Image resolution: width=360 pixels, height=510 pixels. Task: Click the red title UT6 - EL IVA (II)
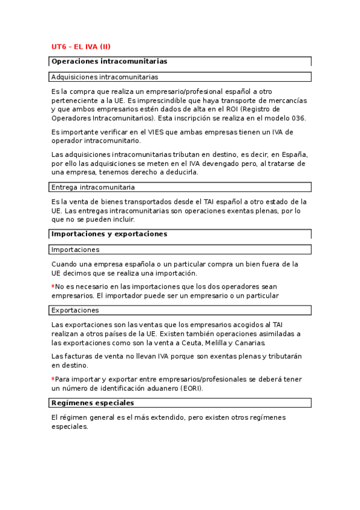[81, 47]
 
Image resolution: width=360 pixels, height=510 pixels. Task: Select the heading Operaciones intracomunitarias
[109, 61]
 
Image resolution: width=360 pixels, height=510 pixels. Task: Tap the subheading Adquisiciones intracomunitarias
[105, 77]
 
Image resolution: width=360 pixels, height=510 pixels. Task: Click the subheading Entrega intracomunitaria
[93, 187]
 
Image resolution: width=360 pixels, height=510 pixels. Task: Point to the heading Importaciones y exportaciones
[109, 234]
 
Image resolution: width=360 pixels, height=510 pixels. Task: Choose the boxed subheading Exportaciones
[75, 310]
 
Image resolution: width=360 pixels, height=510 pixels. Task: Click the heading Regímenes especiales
[93, 403]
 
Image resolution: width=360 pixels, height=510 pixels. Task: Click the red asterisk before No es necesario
[53, 286]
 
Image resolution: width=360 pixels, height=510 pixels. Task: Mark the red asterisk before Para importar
[53, 379]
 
